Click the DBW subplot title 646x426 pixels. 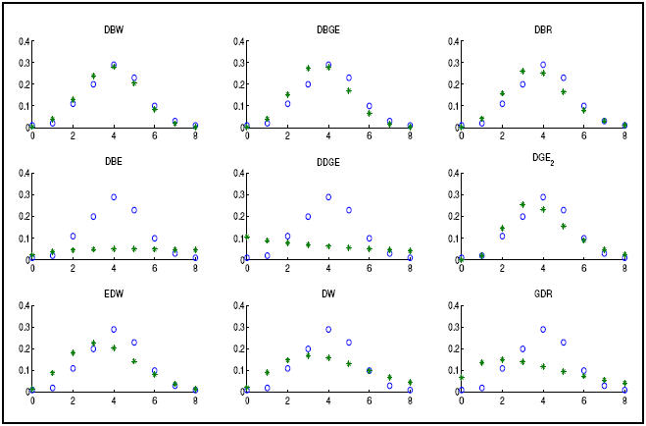(x=114, y=30)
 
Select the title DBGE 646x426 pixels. (x=327, y=30)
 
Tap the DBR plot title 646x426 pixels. (x=542, y=30)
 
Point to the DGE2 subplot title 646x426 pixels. (x=543, y=162)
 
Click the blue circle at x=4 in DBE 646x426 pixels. (x=114, y=197)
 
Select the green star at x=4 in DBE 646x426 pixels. (x=114, y=248)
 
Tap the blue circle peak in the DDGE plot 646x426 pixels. (x=328, y=197)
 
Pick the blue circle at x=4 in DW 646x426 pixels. (x=328, y=330)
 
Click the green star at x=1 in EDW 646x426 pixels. (x=53, y=372)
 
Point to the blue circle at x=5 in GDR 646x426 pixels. (x=564, y=343)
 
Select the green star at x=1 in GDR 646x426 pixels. (x=481, y=362)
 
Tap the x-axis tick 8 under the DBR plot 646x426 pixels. (x=624, y=135)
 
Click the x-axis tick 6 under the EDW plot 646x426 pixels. (x=155, y=399)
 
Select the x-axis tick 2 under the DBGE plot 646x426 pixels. (x=287, y=135)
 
